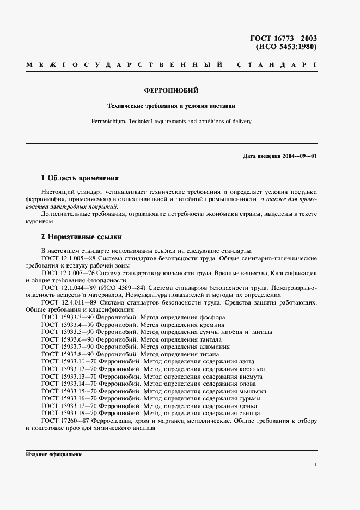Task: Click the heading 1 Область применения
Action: [80, 178]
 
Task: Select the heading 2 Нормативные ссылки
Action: [82, 237]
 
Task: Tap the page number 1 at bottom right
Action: [315, 464]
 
